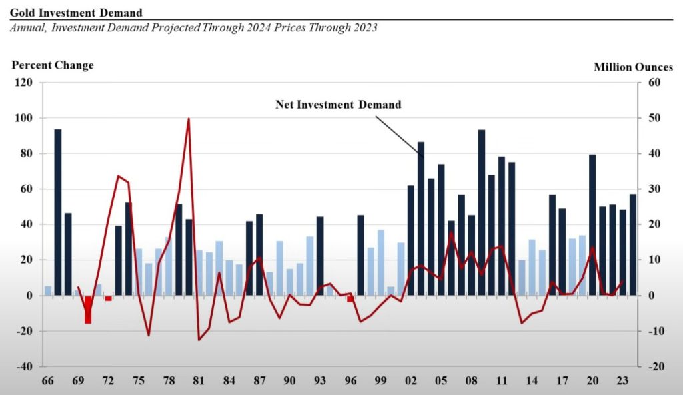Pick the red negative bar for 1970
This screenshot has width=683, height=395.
pos(88,310)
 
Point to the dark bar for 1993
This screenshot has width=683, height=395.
pos(320,256)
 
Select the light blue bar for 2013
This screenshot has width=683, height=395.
pos(522,277)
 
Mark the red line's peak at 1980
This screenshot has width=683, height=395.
pos(189,119)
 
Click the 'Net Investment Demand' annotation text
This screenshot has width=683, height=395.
pos(338,105)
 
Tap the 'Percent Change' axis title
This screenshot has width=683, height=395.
pos(53,65)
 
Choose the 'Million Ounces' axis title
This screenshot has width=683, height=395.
pos(633,67)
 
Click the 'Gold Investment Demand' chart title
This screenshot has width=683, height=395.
pos(76,13)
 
